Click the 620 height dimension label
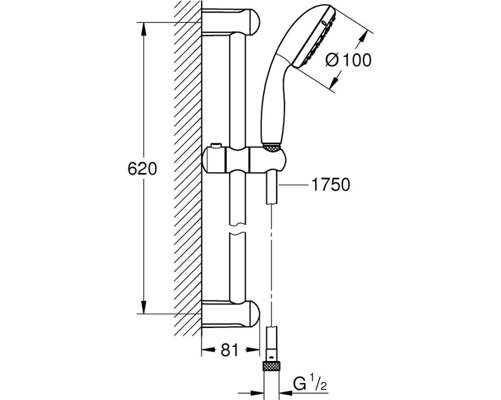point(142,169)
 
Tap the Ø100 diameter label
point(348,60)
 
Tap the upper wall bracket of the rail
point(231,22)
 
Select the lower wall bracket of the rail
point(231,313)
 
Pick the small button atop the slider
point(216,146)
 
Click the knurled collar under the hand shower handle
point(272,147)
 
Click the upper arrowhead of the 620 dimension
point(144,29)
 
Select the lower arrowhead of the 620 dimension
point(144,307)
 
